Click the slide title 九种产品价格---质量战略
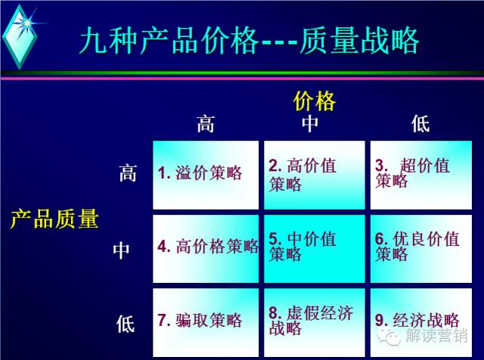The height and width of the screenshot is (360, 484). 250,41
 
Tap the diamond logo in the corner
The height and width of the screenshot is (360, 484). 20,36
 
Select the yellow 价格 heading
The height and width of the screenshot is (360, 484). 315,101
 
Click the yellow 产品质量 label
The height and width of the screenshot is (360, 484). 54,219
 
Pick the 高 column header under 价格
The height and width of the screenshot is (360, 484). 206,124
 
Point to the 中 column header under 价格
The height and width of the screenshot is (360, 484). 310,124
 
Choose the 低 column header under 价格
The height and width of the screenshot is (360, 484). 420,124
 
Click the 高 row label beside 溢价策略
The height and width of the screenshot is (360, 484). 128,173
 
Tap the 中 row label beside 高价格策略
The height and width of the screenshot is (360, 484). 121,250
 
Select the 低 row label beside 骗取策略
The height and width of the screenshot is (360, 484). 126,324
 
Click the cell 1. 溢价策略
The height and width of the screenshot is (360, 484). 206,175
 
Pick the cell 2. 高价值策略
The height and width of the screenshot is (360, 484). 315,175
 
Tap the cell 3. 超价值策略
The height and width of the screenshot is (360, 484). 421,175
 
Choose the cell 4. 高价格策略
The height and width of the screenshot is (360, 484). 206,249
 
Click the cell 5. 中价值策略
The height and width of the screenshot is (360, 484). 315,249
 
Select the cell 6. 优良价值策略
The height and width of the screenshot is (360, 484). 421,249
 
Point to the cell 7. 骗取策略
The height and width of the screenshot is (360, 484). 206,323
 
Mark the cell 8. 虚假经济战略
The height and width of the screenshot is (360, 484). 315,323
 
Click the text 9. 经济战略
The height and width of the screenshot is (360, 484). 417,320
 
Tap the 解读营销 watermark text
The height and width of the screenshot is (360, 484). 436,335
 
